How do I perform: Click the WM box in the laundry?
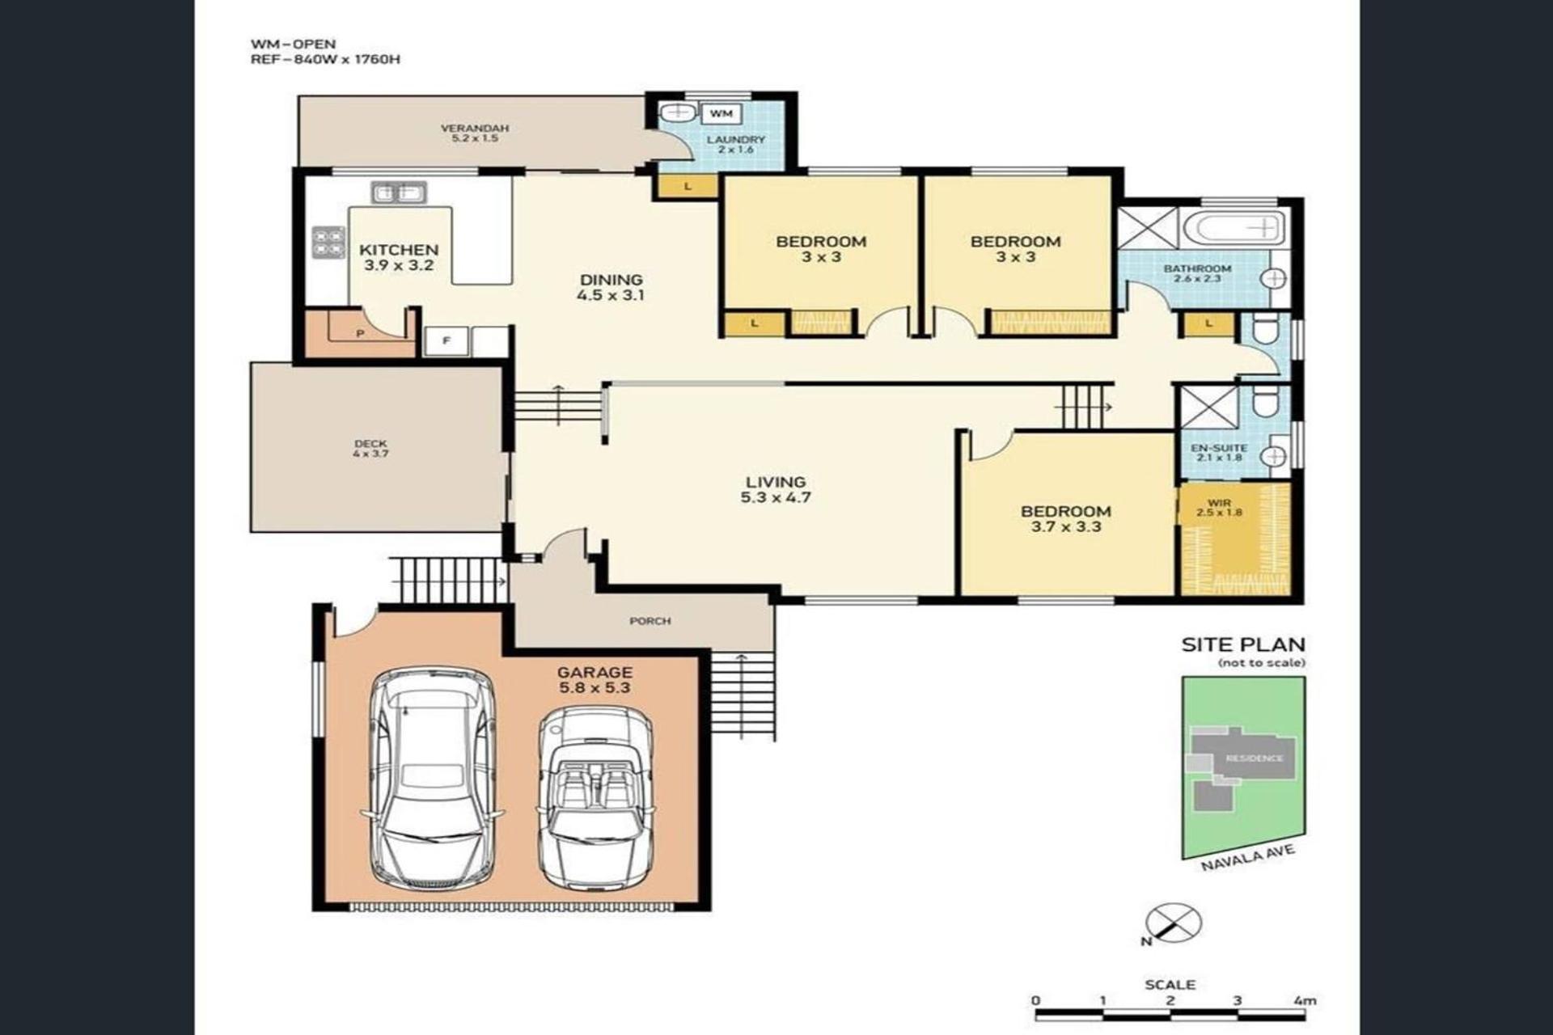click(x=721, y=114)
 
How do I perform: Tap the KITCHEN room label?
click(x=399, y=250)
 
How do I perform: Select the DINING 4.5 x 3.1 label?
click(x=611, y=288)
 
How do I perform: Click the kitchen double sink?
click(x=399, y=192)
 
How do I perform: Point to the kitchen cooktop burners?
click(x=328, y=242)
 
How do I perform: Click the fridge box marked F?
click(x=446, y=340)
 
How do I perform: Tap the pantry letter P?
click(x=360, y=333)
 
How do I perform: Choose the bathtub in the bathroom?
click(x=1233, y=228)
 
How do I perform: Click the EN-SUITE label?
click(x=1219, y=448)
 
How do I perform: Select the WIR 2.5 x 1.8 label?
click(x=1219, y=508)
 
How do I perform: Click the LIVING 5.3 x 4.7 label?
click(x=776, y=490)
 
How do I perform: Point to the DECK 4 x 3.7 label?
click(x=370, y=449)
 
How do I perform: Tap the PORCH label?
click(x=650, y=621)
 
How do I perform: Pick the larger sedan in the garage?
click(x=433, y=779)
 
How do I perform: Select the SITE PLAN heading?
click(x=1243, y=644)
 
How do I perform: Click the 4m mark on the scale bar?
click(x=1304, y=1000)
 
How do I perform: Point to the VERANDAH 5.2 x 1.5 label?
click(x=475, y=133)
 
